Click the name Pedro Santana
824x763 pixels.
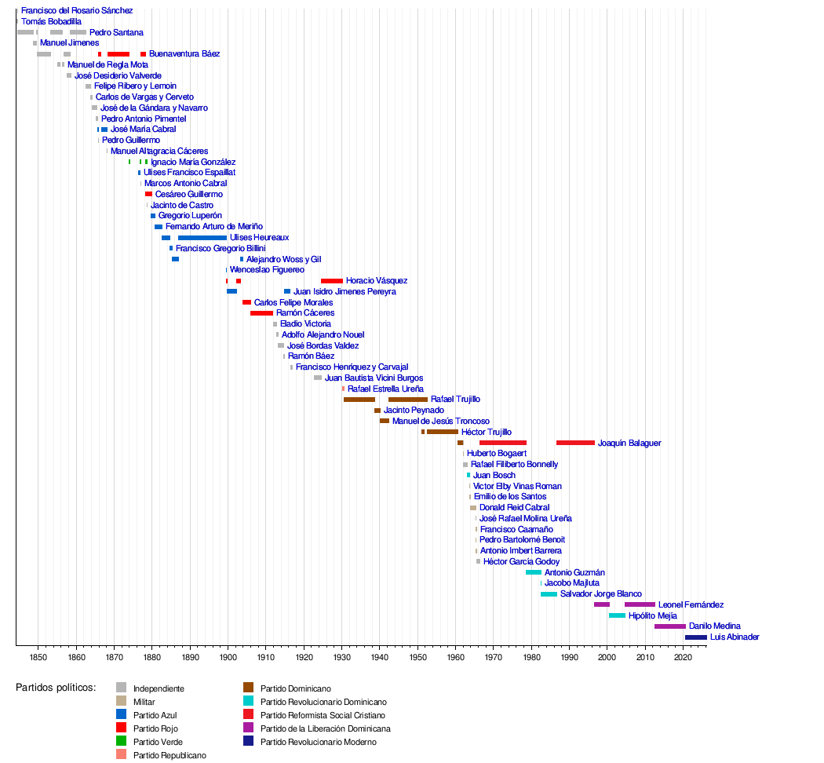116,33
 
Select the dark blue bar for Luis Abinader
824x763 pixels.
695,637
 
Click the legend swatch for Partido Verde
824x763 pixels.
122,742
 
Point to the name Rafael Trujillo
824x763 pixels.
455,400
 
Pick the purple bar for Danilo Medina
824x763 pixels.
669,626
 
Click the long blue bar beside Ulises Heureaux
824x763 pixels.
202,238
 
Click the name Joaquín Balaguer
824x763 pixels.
629,444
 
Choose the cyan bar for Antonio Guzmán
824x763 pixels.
533,573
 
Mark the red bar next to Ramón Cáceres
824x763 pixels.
261,313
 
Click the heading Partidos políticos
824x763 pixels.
56,688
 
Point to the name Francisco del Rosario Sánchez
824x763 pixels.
77,11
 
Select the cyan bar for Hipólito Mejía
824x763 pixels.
617,616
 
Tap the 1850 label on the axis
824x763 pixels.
38,655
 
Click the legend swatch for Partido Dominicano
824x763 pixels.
249,688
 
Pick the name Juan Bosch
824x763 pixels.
494,476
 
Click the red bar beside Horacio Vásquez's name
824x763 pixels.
331,281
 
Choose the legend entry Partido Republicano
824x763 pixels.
170,755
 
